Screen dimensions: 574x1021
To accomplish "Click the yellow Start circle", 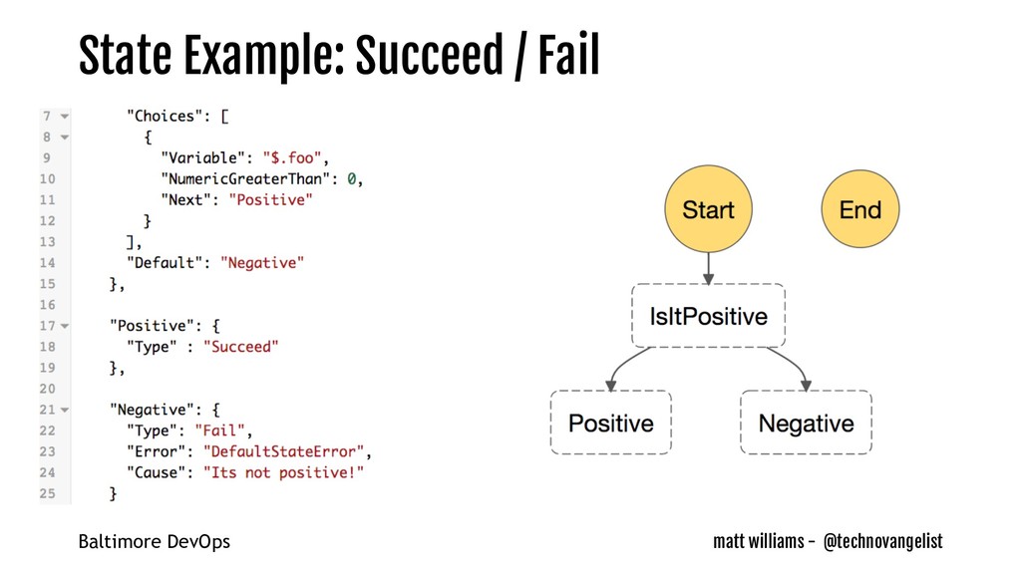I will [708, 209].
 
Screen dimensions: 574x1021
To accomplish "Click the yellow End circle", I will [859, 209].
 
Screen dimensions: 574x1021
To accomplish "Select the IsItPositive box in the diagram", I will [708, 317].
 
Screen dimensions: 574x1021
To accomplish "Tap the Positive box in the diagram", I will [610, 423].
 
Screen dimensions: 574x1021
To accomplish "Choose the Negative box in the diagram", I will [806, 423].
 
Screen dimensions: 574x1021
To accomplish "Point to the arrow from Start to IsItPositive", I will [708, 267].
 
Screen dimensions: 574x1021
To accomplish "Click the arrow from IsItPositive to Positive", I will [622, 367].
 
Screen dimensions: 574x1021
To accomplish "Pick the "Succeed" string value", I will [240, 347].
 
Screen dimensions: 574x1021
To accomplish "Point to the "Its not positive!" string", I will [284, 472].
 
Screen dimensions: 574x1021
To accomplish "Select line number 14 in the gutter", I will [48, 263].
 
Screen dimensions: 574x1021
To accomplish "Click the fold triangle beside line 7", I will [65, 117].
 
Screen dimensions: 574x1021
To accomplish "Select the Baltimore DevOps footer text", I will [154, 542].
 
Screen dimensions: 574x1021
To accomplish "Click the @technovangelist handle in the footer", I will [882, 541].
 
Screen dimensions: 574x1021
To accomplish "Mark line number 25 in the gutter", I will [48, 493].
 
